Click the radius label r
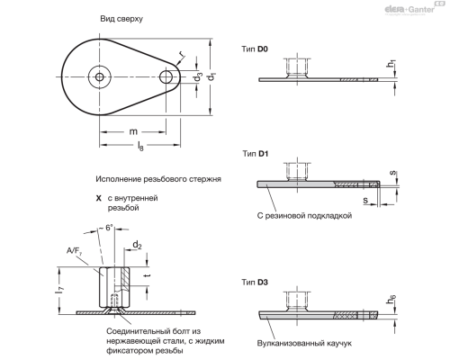coord(182,55)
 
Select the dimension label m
coord(132,131)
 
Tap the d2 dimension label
coord(138,244)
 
